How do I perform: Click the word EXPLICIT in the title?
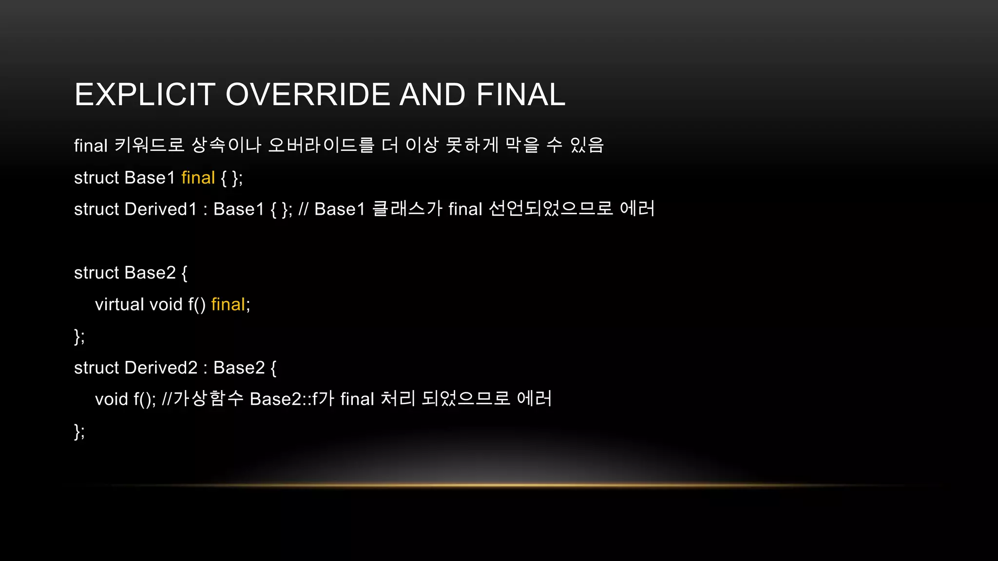[145, 94]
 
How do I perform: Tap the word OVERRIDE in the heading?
[307, 94]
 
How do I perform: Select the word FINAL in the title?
[520, 94]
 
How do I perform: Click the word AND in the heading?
[432, 94]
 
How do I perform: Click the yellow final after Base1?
[198, 178]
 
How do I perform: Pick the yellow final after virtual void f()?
[228, 304]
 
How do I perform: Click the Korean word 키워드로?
[149, 145]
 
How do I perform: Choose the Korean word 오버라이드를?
[321, 145]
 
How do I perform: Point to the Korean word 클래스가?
[407, 209]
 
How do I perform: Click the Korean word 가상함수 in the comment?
[208, 399]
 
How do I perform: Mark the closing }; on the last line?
[79, 431]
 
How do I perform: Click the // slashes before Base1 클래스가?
[303, 209]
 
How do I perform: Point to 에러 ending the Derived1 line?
[637, 209]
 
